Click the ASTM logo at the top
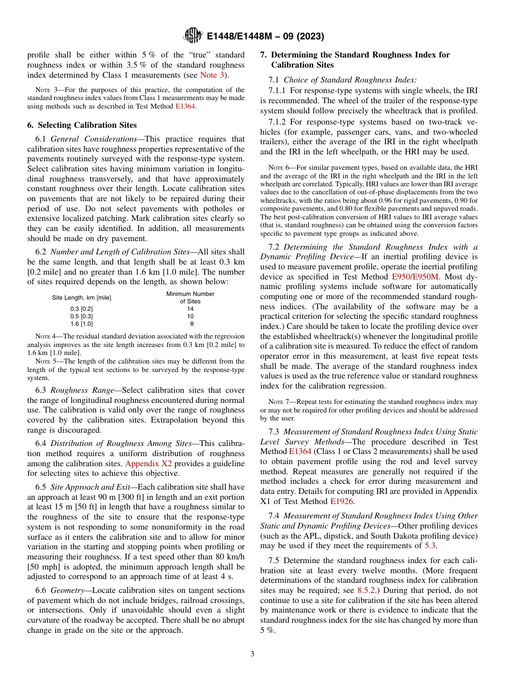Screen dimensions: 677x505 192,36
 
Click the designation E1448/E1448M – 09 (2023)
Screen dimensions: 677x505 264,36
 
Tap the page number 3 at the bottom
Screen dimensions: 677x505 252,654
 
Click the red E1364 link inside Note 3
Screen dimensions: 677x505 186,106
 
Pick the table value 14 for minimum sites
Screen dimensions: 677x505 190,309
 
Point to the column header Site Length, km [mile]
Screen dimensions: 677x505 81,298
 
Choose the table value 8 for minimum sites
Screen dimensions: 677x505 191,324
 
